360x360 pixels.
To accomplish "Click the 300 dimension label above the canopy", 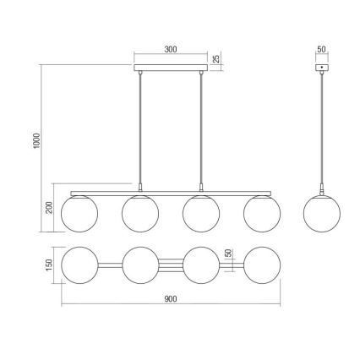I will coord(169,50).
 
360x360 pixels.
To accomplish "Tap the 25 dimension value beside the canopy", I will coord(216,59).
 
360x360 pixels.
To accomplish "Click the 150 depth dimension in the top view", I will coord(50,265).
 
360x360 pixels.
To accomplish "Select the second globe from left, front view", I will coord(140,213).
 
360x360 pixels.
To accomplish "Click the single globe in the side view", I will coord(322,212).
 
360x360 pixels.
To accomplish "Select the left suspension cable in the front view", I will coord(140,127).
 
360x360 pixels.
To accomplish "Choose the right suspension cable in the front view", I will coord(201,127).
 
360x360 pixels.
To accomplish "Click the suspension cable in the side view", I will coord(323,127).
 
